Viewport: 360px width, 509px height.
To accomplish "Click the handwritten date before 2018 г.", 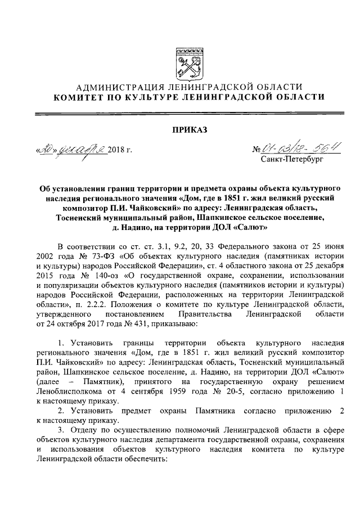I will pyautogui.click(x=71, y=150).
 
